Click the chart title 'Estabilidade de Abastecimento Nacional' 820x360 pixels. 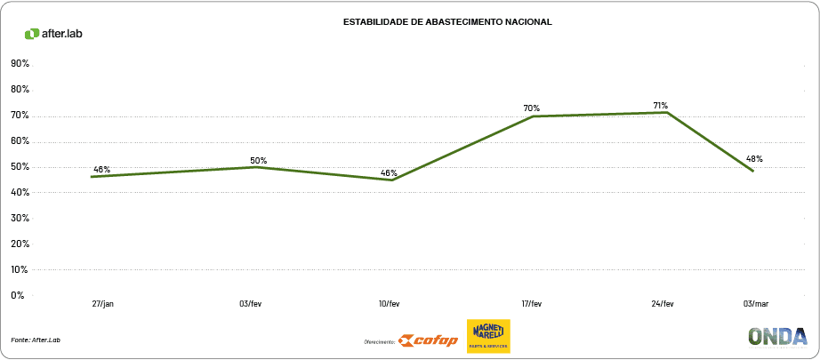pos(447,21)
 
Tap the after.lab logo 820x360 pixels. pos(53,34)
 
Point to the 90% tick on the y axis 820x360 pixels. pos(20,64)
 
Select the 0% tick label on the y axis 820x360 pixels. pos(18,295)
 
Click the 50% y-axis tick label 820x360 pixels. pos(20,167)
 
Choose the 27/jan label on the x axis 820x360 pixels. pos(103,304)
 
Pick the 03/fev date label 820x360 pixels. pos(251,304)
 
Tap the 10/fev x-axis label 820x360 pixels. pos(390,304)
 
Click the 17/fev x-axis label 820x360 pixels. pos(531,304)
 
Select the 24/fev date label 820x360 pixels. pos(663,304)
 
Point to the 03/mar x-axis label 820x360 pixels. pos(755,304)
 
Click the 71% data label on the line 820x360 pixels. pos(659,105)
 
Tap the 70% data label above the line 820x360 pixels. pos(532,108)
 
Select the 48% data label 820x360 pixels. pos(754,159)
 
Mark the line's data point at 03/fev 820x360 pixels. pos(258,167)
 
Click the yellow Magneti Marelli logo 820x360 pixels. pos(488,336)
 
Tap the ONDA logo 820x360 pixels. pos(777,336)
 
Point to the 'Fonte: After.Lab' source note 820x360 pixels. pos(36,340)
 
